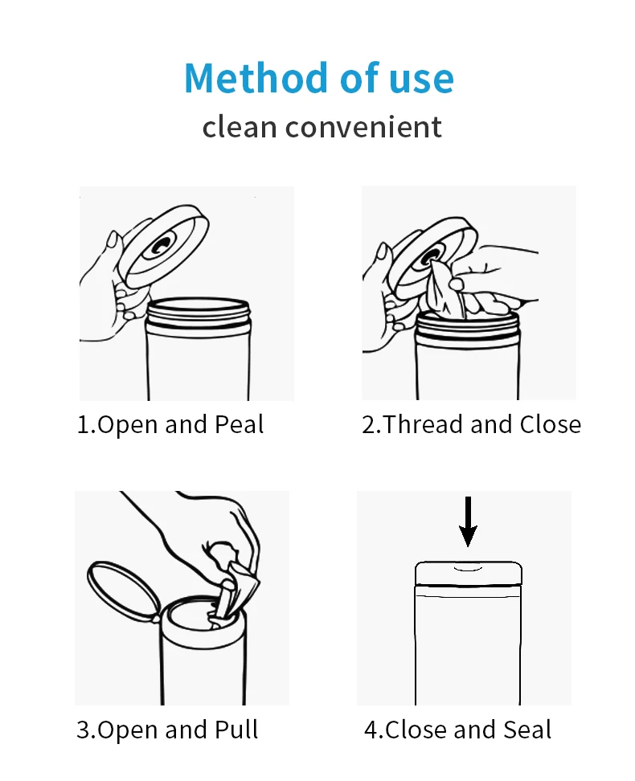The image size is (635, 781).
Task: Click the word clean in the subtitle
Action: click(239, 127)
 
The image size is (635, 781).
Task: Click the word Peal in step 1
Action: click(239, 424)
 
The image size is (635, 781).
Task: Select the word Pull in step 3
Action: click(236, 730)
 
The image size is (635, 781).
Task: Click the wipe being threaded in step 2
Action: click(445, 289)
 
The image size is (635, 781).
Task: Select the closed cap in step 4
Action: click(468, 574)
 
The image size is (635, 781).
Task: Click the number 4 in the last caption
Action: click(371, 730)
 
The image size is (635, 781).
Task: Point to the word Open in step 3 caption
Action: click(128, 730)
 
